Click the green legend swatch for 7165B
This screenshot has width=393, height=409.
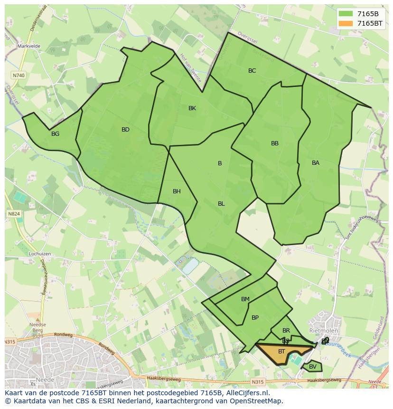click(x=346, y=14)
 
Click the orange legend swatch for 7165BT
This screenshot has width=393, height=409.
click(x=346, y=23)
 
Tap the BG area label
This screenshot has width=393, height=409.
click(x=56, y=134)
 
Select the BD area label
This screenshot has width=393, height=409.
click(x=125, y=130)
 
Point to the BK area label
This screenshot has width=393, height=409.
click(x=192, y=108)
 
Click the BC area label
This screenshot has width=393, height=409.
click(x=252, y=71)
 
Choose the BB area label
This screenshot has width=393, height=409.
click(x=275, y=143)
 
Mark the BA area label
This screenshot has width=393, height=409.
click(x=316, y=163)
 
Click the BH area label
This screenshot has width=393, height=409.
click(x=177, y=191)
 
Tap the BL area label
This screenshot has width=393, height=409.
click(x=221, y=204)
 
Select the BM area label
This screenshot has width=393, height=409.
click(x=245, y=299)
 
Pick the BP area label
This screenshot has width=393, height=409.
click(x=255, y=318)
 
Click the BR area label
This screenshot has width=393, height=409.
click(x=286, y=331)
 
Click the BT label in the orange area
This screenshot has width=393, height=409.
click(x=282, y=352)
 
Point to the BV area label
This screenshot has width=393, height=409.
click(x=313, y=367)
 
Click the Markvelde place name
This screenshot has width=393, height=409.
click(x=29, y=46)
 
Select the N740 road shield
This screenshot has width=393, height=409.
click(x=19, y=76)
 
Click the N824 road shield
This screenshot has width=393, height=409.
click(x=14, y=214)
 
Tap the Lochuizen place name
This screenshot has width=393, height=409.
click(x=26, y=254)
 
